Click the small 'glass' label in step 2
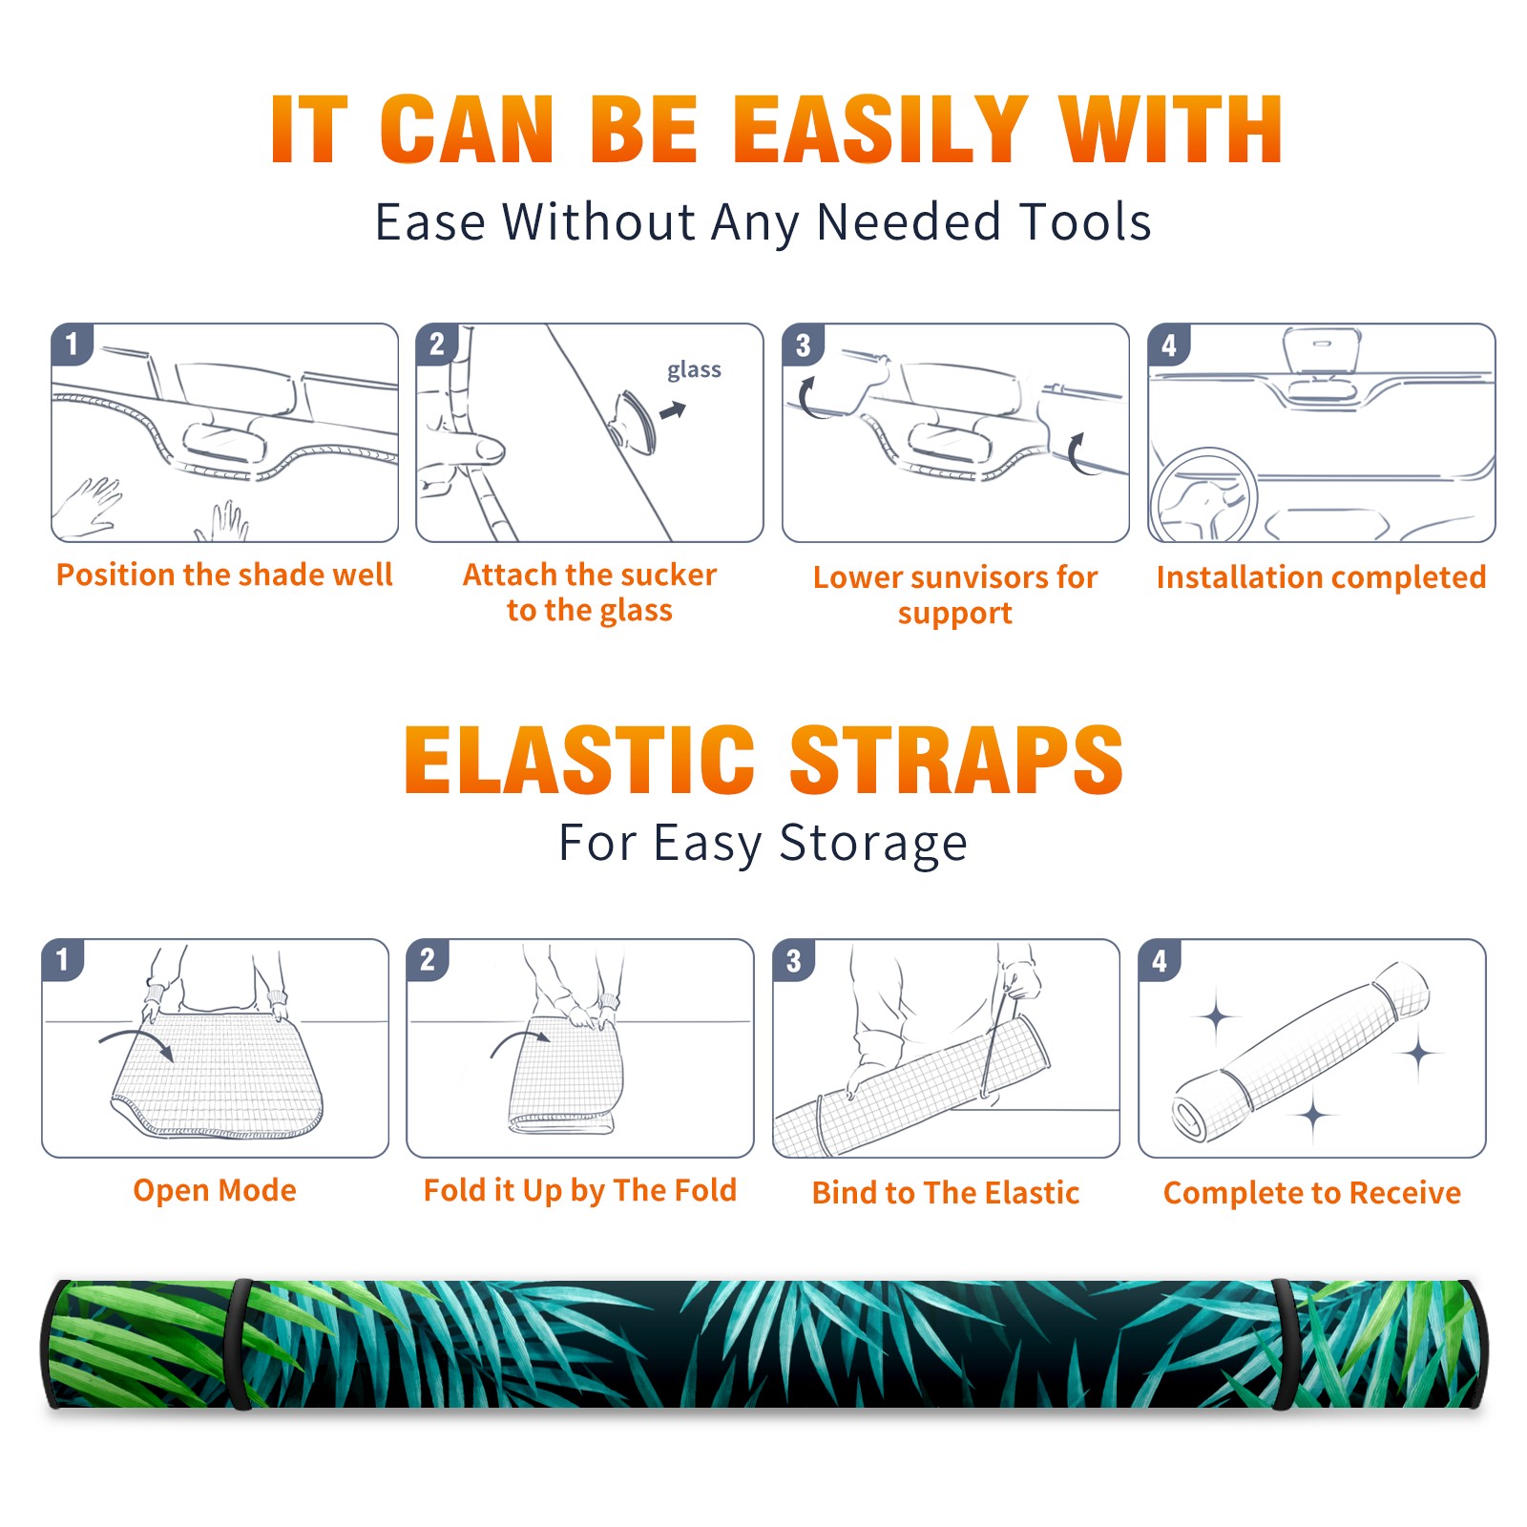point(694,369)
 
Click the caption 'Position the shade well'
point(224,575)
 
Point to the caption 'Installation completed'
point(1321,576)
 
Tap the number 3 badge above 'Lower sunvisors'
point(804,345)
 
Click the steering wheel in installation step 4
point(1204,496)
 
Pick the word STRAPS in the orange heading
point(956,760)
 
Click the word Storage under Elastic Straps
point(873,844)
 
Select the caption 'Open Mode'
point(215,1190)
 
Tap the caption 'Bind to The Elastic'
point(946,1192)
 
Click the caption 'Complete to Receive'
point(1312,1192)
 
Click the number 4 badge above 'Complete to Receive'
point(1160,961)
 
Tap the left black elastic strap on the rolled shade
point(239,1344)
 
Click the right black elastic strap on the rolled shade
point(1284,1344)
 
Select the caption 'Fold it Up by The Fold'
point(580,1190)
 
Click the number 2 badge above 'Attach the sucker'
point(437,345)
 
